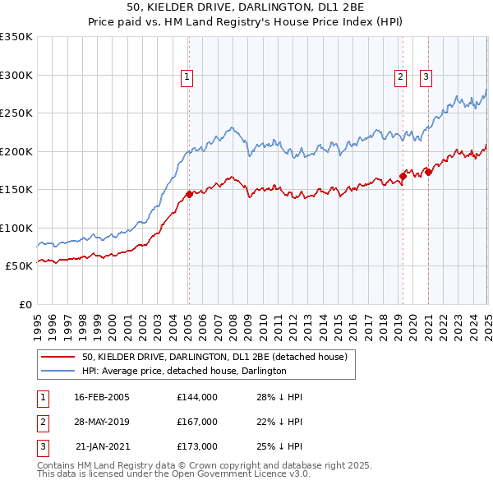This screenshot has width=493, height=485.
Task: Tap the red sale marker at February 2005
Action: click(189, 194)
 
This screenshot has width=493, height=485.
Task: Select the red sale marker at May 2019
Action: click(403, 175)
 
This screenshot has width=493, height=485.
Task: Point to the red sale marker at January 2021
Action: click(428, 172)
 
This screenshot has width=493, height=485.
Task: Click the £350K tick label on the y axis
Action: click(16, 37)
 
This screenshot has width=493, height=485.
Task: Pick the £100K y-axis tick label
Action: click(16, 228)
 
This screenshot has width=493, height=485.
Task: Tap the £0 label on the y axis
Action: click(25, 304)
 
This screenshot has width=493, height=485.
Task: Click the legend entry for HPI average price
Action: click(184, 372)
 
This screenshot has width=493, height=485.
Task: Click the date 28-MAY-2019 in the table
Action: click(102, 422)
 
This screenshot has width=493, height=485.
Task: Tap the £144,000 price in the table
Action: click(197, 397)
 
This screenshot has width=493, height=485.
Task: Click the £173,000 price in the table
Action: click(197, 446)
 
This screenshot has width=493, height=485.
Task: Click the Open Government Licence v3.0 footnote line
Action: click(173, 474)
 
